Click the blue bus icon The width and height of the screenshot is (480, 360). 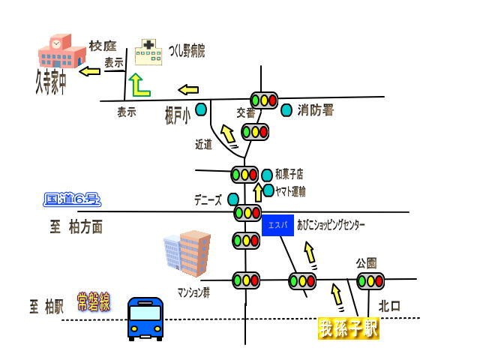[146, 319]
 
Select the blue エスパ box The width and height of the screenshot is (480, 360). [277, 225]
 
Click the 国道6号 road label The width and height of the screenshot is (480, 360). [72, 199]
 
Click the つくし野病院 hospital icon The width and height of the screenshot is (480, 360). [149, 52]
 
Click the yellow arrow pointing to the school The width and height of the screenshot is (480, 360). [90, 72]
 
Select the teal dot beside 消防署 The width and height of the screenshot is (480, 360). [286, 110]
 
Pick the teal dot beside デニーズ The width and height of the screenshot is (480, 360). [233, 199]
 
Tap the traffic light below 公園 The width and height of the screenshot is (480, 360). [370, 281]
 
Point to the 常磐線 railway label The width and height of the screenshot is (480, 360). [94, 303]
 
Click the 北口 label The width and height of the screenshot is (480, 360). [389, 306]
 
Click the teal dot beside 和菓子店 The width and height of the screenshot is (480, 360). [267, 175]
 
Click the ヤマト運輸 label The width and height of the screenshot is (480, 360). [290, 191]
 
